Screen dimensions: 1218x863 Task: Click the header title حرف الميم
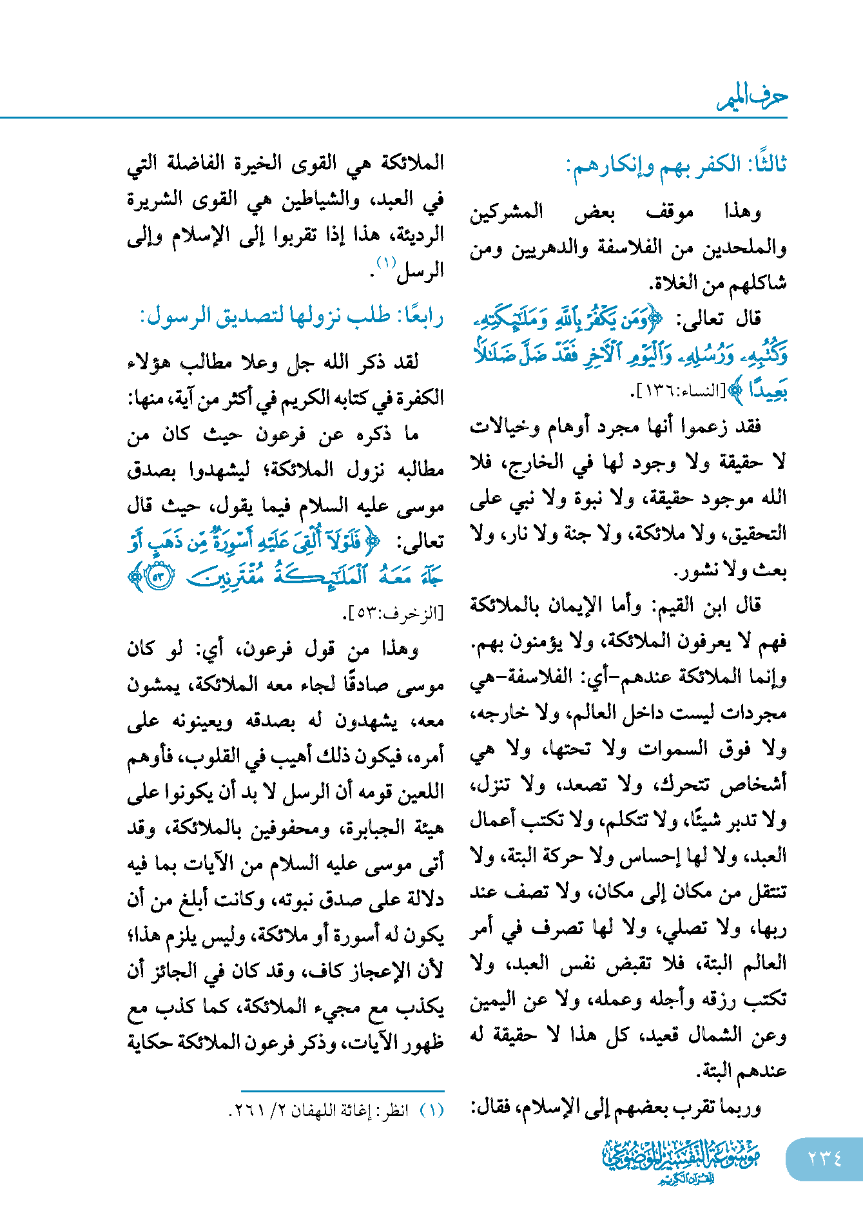tap(753, 97)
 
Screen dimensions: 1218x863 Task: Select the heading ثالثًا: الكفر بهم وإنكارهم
tap(676, 166)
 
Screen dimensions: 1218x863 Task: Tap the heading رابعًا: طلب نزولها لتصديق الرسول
tap(292, 317)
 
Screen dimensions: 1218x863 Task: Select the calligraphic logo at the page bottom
tap(681, 1160)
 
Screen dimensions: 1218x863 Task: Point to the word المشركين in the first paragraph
tap(507, 212)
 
